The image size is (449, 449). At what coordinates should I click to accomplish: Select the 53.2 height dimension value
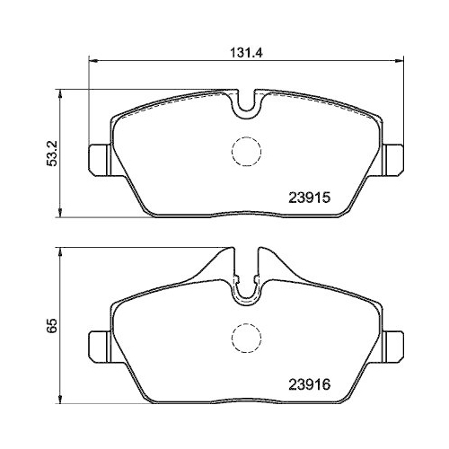[53, 153]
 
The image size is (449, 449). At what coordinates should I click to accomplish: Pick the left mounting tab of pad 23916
[99, 345]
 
